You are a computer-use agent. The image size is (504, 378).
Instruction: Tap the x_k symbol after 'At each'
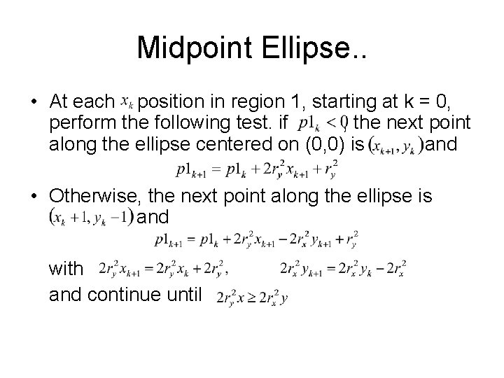127,103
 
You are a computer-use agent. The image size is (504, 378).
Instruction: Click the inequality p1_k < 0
323,125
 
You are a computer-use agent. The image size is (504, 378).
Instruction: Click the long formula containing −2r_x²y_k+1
256,239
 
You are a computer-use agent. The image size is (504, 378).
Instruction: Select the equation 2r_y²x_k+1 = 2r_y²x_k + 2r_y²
164,269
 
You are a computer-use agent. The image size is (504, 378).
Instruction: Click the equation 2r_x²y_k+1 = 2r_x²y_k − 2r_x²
343,269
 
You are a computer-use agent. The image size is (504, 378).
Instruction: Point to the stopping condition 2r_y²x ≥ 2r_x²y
253,297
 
